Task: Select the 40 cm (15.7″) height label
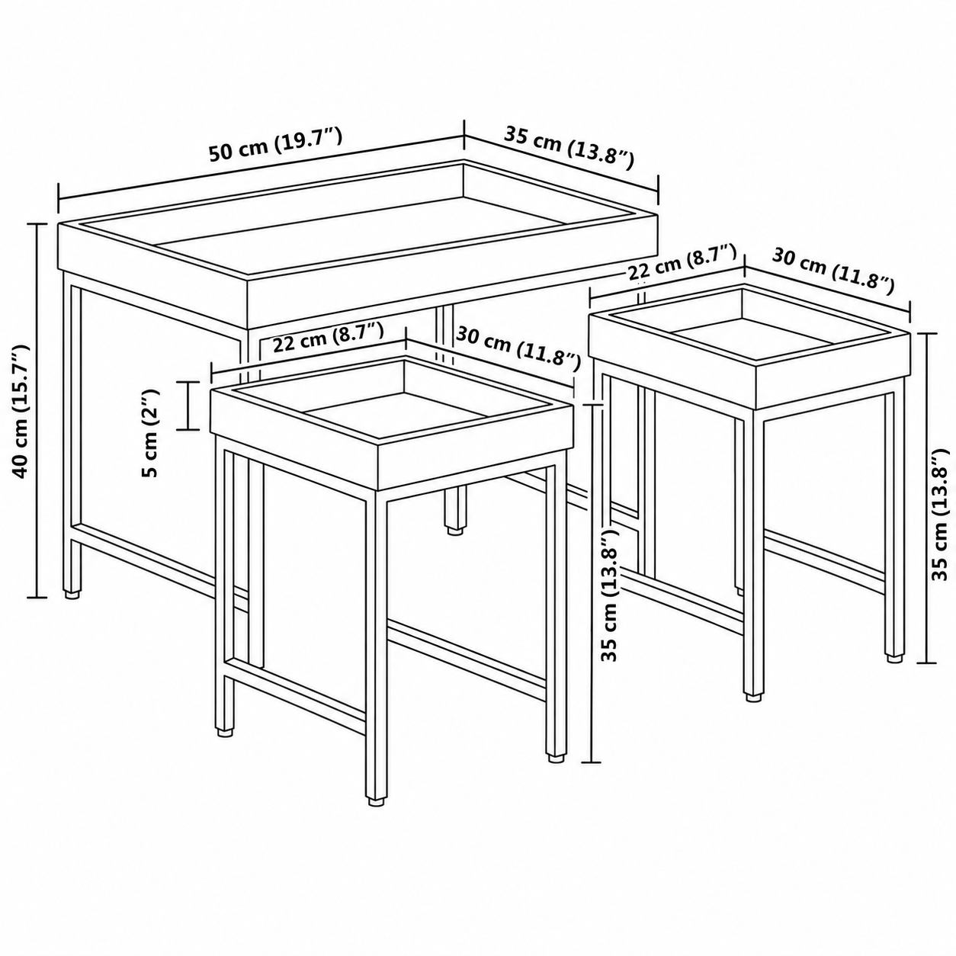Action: pyautogui.click(x=21, y=411)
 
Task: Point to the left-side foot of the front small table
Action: pyautogui.click(x=226, y=745)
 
